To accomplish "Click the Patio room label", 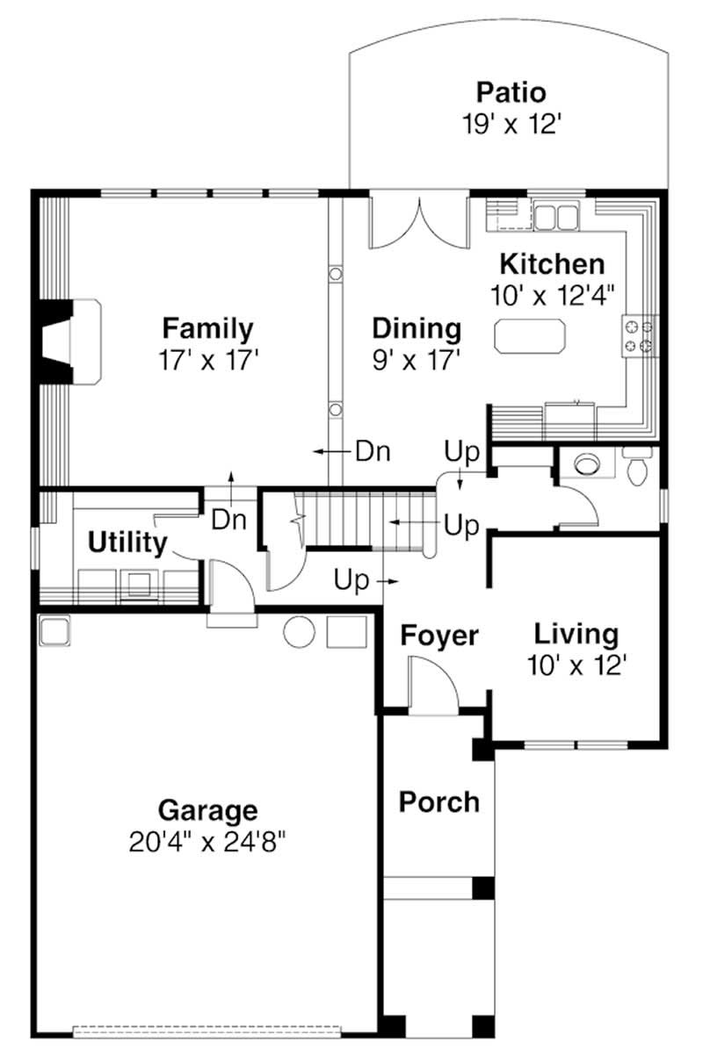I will click(511, 92).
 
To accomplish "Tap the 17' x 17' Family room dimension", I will click(208, 360).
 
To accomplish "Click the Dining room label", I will click(417, 328).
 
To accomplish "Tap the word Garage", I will click(207, 809).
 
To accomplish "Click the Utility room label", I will click(127, 543).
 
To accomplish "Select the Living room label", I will click(576, 633).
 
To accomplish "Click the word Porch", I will click(439, 801).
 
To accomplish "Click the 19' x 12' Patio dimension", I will click(511, 124).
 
